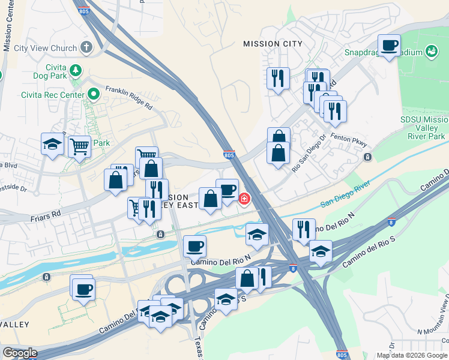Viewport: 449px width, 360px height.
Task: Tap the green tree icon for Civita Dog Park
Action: pos(76,71)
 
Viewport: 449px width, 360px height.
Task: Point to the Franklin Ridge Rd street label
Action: pos(128,97)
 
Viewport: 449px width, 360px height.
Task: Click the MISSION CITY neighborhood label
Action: pos(272,44)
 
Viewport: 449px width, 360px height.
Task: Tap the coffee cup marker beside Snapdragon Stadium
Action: pos(389,46)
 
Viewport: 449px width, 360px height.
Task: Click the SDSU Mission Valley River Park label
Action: pos(424,128)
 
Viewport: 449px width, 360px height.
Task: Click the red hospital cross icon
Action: pos(244,198)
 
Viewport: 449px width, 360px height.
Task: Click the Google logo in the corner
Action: pos(20,353)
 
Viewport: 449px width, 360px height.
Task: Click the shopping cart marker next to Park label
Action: pos(79,145)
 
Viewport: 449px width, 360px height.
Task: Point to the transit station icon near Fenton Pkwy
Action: pos(367,157)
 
